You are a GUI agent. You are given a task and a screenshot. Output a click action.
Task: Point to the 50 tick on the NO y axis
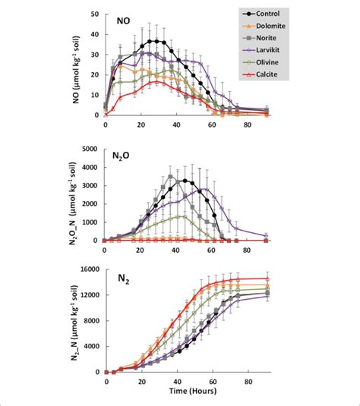coord(95,14)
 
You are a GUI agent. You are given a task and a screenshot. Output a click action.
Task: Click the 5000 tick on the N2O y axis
coord(90,150)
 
